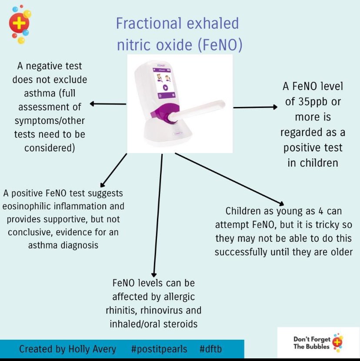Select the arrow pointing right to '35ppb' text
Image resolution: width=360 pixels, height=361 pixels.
click(255, 107)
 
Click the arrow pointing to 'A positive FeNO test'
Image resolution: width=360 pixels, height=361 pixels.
click(113, 170)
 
